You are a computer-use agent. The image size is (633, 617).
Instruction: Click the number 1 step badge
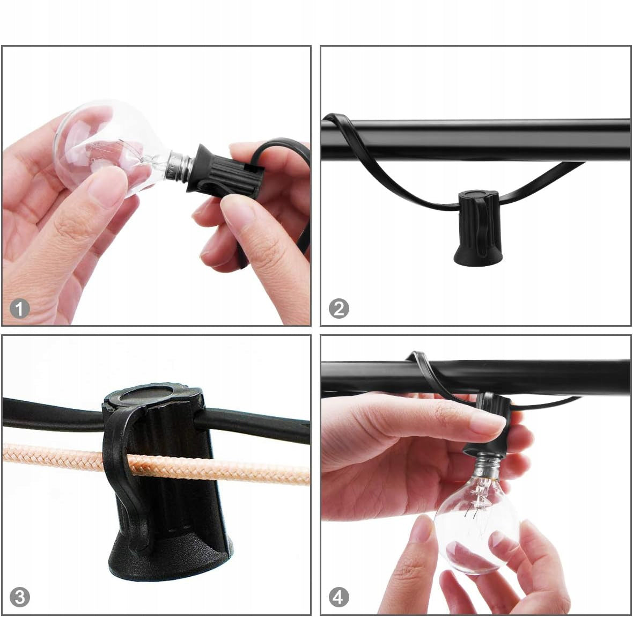pyautogui.click(x=19, y=309)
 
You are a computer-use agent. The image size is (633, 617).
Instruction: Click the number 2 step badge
pyautogui.click(x=338, y=309)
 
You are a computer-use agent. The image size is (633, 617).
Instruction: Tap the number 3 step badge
pyautogui.click(x=19, y=597)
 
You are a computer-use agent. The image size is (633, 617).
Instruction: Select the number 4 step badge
pyautogui.click(x=338, y=597)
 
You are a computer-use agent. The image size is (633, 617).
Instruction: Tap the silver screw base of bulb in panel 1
pyautogui.click(x=179, y=166)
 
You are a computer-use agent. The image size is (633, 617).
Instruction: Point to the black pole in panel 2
pyautogui.click(x=476, y=139)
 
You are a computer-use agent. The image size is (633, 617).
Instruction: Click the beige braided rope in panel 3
pyautogui.click(x=157, y=465)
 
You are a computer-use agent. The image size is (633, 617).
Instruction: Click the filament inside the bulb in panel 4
pyautogui.click(x=479, y=497)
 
